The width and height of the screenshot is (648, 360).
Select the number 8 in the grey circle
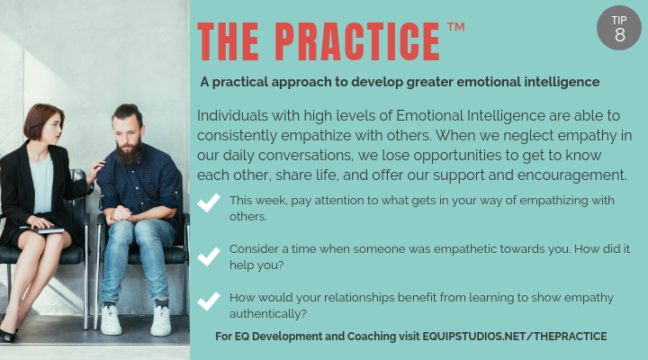619,34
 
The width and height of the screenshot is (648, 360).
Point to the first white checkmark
209,204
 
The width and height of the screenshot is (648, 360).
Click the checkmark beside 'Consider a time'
209,256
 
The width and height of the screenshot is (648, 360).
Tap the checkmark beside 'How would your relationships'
209,304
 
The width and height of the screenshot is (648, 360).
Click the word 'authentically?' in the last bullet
268,313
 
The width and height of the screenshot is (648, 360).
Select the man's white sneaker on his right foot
111,320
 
